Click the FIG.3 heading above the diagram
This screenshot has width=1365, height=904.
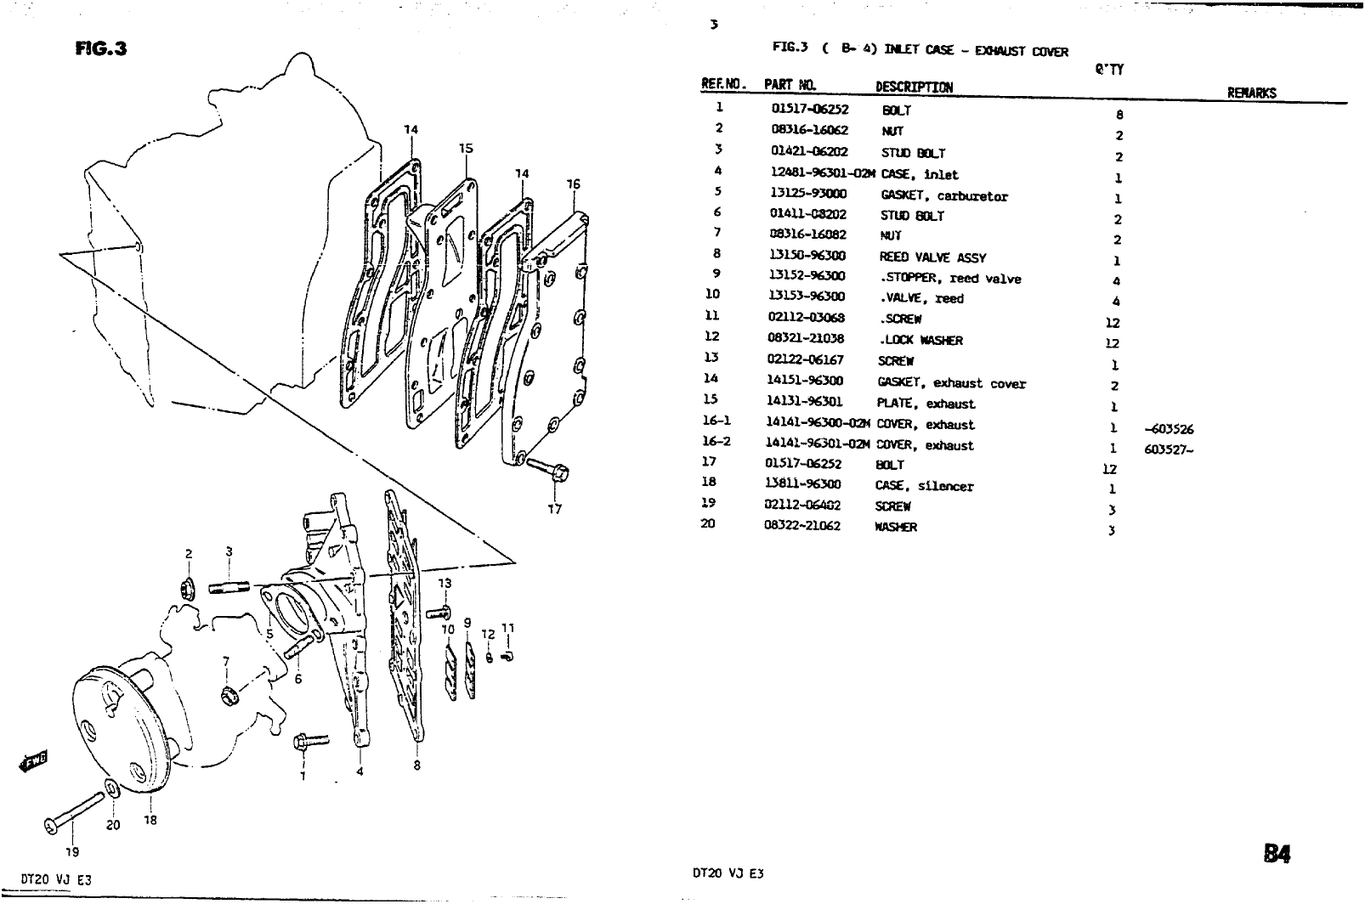tap(100, 48)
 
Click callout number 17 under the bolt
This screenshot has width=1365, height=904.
tap(554, 510)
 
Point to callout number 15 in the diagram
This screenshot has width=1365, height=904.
tap(465, 148)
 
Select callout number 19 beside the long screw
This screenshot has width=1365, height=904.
tap(71, 850)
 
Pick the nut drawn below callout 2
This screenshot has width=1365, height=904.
tap(189, 587)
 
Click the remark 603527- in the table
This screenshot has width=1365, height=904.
tap(1169, 450)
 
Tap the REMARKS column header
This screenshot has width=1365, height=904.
tap(1252, 93)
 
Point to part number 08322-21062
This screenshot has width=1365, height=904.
tap(803, 526)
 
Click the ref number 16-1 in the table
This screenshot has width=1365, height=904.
tap(716, 421)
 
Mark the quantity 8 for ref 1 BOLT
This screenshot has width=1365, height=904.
tap(1120, 115)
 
